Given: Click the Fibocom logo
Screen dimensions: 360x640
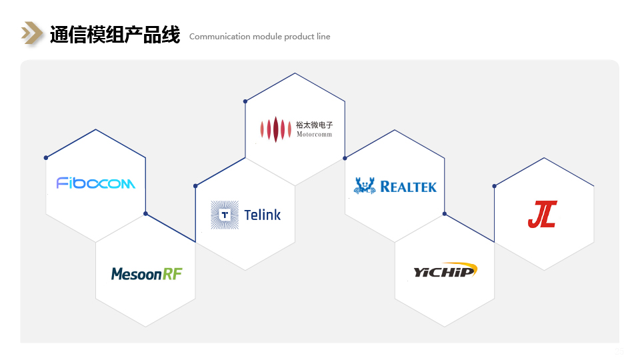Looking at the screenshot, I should pyautogui.click(x=96, y=183).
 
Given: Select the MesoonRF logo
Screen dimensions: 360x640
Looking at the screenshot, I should pyautogui.click(x=147, y=273).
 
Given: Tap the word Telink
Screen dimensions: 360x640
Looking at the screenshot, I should pyautogui.click(x=262, y=215).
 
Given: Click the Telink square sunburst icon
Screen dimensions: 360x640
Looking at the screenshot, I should pyautogui.click(x=225, y=215).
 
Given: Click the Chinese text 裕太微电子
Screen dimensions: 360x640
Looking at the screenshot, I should pyautogui.click(x=314, y=124).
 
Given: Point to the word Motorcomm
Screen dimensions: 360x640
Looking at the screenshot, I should pyautogui.click(x=314, y=134).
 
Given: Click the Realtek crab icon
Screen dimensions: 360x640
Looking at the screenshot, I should pyautogui.click(x=365, y=185).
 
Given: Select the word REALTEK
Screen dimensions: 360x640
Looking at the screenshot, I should pyautogui.click(x=408, y=187).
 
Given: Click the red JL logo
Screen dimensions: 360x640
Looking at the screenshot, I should pyautogui.click(x=542, y=214).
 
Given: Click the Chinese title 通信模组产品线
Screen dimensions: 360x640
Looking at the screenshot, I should pyautogui.click(x=115, y=35).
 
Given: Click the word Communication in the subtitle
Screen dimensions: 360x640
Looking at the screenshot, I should pyautogui.click(x=219, y=37).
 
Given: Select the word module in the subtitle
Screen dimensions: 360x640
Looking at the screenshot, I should pyautogui.click(x=267, y=37).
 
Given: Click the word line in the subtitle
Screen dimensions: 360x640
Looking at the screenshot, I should pyautogui.click(x=323, y=37).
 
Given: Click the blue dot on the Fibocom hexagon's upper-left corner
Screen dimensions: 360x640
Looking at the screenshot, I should pyautogui.click(x=46, y=158).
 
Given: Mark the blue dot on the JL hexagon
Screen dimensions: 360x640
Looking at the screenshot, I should pyautogui.click(x=494, y=186).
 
